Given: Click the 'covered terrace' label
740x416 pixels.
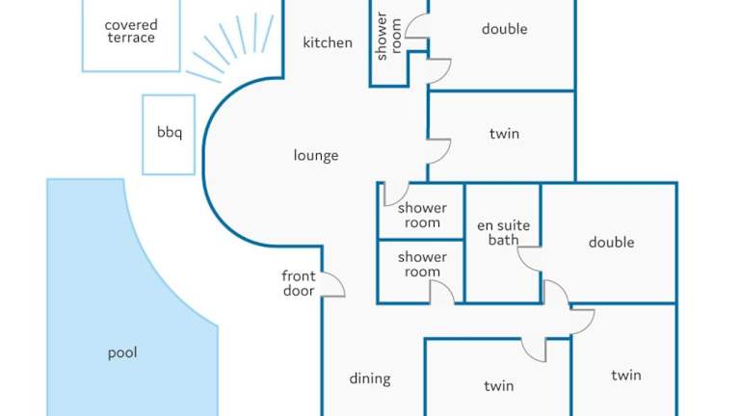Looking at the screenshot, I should (x=131, y=31).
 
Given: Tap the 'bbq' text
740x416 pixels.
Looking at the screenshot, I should (x=169, y=133).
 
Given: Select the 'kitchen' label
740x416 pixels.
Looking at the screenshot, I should (x=328, y=42).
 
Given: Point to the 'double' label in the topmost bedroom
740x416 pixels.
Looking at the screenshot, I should (x=504, y=30).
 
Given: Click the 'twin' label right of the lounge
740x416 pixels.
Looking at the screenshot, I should (x=504, y=134).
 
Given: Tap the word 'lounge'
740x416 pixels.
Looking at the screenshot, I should (x=316, y=155).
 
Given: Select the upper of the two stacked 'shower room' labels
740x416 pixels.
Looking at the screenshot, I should (x=422, y=215).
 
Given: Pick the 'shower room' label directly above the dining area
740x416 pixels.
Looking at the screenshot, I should (x=422, y=265).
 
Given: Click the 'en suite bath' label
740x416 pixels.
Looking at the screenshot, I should (x=503, y=233).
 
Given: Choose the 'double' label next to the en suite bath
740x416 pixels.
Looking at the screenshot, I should (x=611, y=242).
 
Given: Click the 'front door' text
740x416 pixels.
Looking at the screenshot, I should (x=299, y=283).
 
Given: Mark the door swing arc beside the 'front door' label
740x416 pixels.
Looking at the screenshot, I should (x=333, y=285).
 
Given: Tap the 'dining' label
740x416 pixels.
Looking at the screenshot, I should (x=370, y=378).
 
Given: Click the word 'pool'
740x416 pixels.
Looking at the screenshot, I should (x=122, y=352).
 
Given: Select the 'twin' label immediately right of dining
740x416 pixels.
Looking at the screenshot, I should (x=498, y=386).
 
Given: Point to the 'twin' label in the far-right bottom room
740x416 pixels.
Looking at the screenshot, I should (x=625, y=376).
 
